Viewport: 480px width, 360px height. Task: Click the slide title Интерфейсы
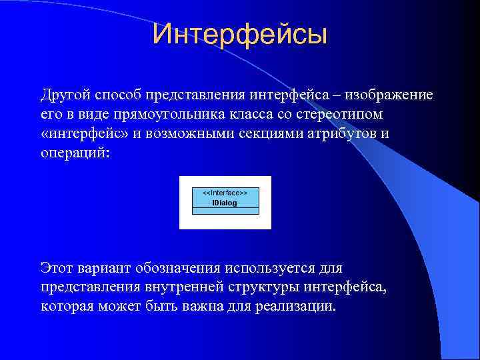(239, 35)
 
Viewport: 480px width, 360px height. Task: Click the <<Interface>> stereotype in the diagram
(225, 192)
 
